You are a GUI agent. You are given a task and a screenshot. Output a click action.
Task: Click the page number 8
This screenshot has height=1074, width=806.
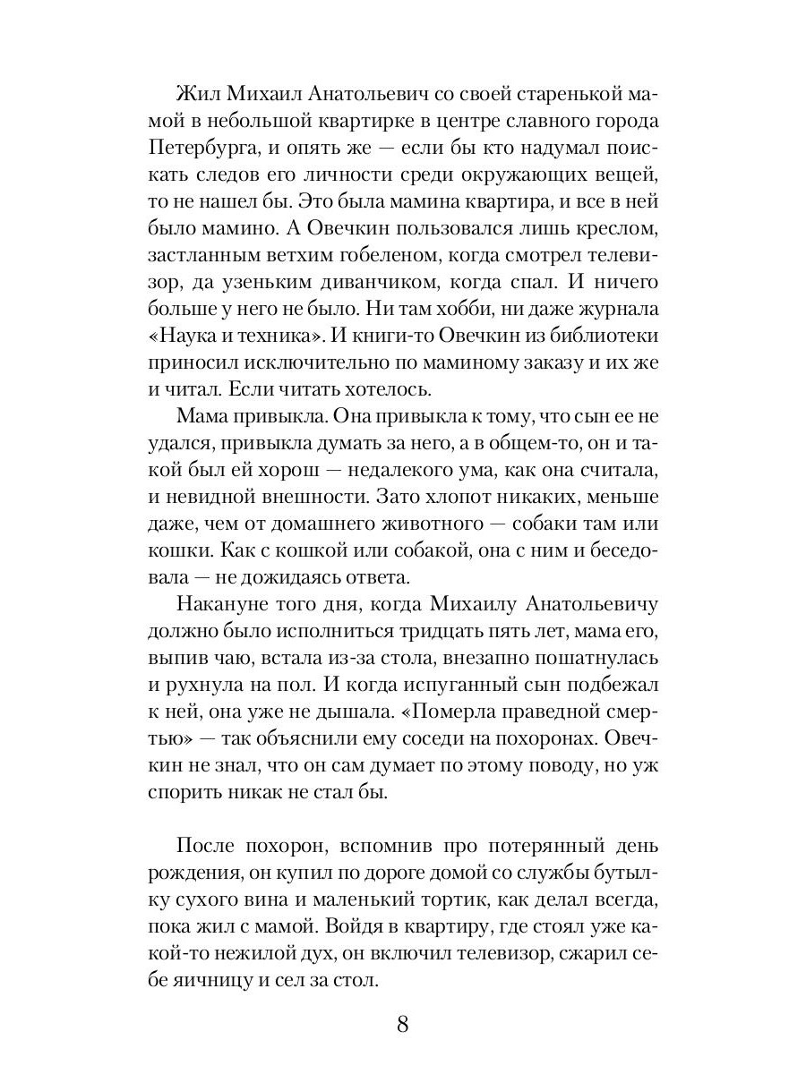(x=402, y=1024)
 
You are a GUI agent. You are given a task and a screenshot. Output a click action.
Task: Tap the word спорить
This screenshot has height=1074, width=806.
(x=186, y=793)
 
